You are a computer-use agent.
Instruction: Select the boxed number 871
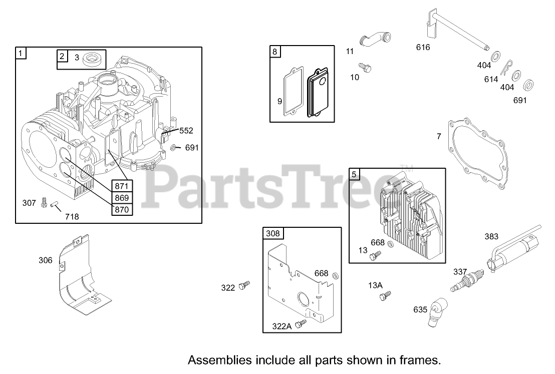(122, 186)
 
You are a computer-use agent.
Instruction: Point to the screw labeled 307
(44, 203)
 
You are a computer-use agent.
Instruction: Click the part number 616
(423, 48)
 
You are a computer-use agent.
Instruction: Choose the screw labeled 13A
(386, 296)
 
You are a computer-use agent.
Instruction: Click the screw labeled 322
(245, 285)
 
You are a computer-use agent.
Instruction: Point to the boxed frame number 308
(273, 233)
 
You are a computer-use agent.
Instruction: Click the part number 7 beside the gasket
(439, 136)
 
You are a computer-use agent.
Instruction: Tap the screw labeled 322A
(301, 324)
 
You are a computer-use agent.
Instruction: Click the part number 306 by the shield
(45, 260)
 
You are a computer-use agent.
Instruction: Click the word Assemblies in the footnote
(214, 360)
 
